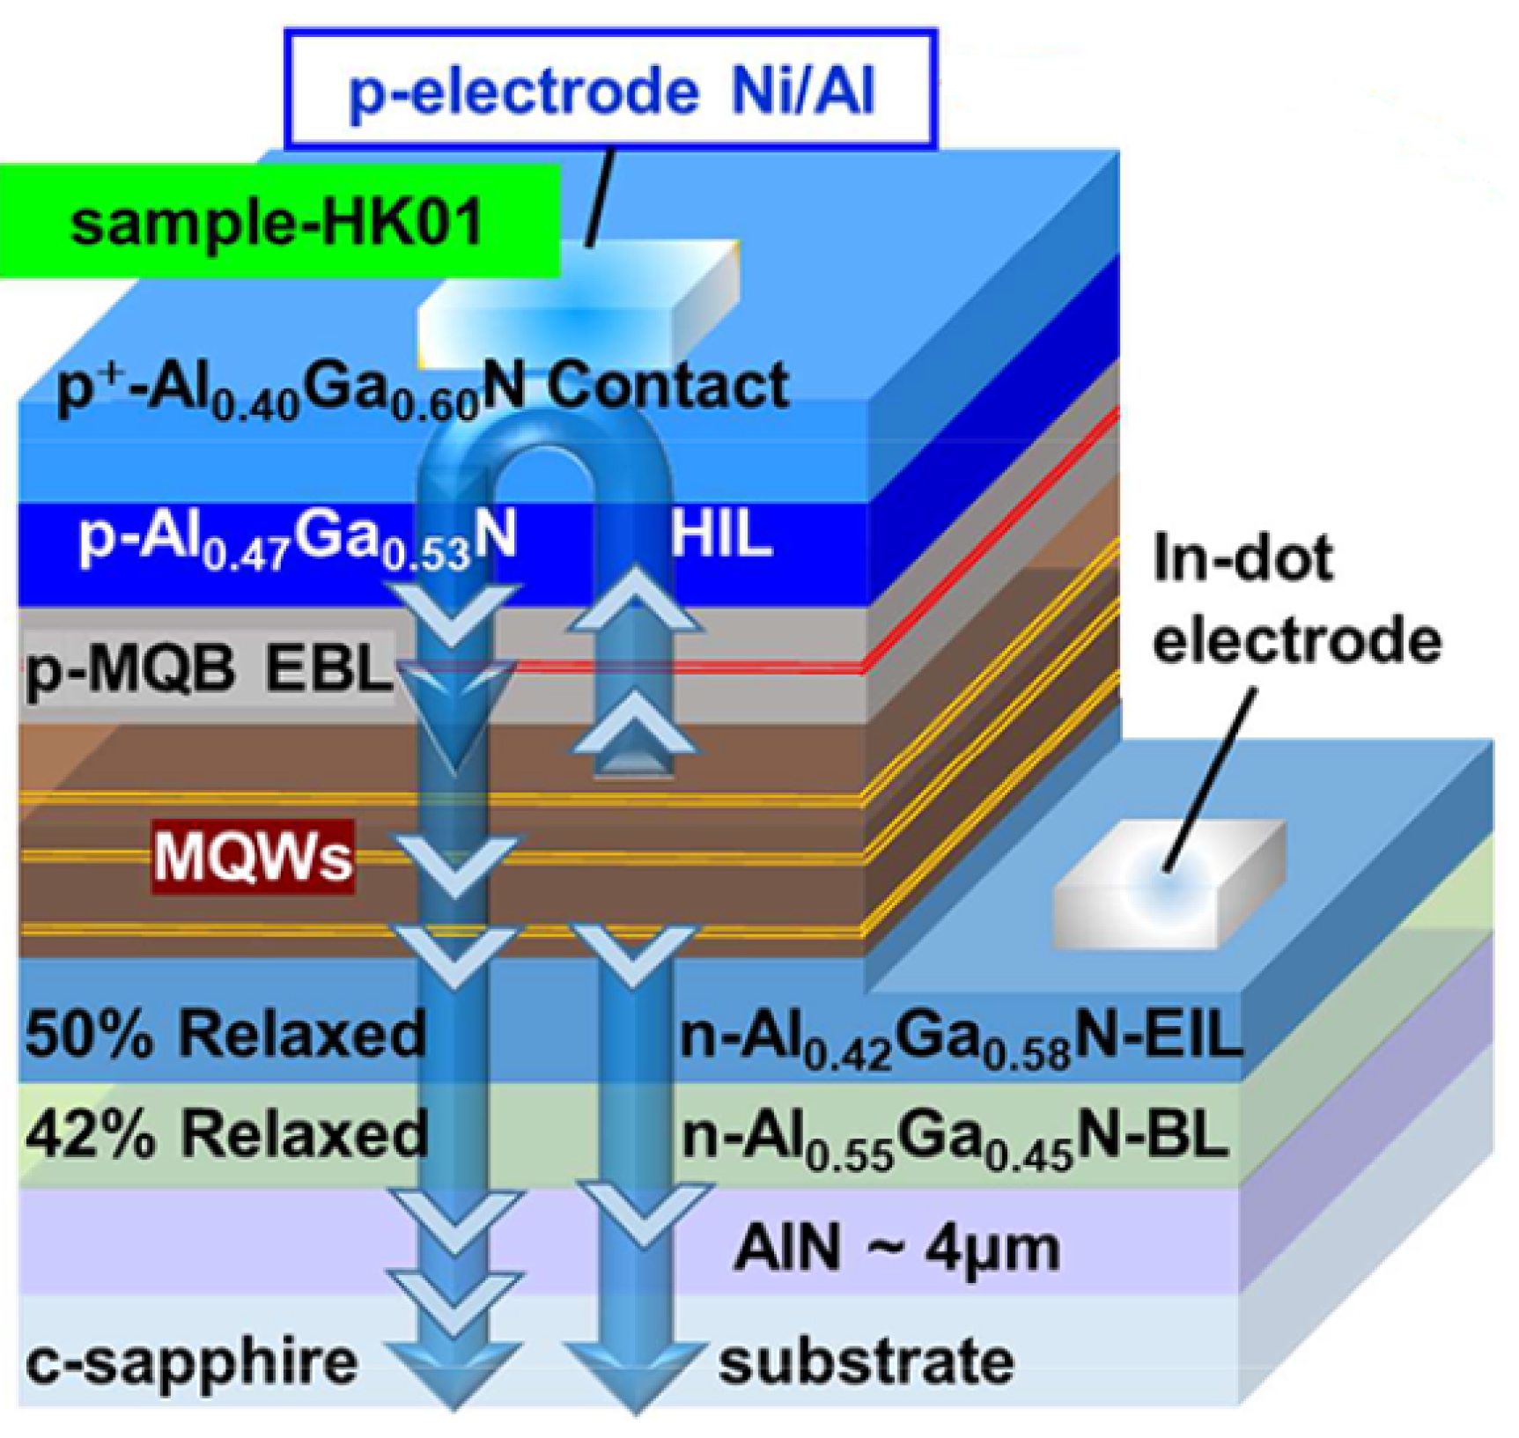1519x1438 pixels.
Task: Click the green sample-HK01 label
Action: (x=277, y=222)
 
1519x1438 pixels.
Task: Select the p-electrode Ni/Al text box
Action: (x=610, y=91)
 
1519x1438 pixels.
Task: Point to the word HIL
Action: (x=720, y=534)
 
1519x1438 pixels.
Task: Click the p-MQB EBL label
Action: (x=208, y=669)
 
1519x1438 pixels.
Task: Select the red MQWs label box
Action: (x=253, y=856)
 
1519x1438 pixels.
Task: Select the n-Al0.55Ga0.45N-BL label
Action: (x=955, y=1138)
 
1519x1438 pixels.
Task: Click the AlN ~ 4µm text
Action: (x=896, y=1248)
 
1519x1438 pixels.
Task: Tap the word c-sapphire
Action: (x=191, y=1361)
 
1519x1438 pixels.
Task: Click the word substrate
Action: (x=866, y=1361)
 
